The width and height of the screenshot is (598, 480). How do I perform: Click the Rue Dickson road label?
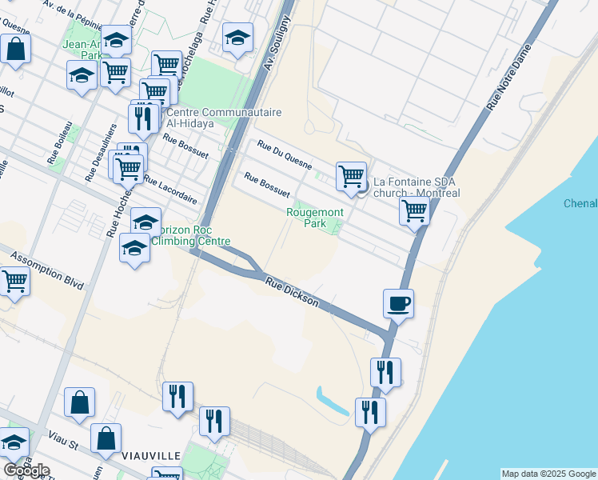[293, 294]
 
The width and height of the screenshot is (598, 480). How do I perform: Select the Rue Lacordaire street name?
[170, 190]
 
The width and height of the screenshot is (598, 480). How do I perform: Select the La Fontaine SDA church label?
[412, 187]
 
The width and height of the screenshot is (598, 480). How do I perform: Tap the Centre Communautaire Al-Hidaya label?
[205, 118]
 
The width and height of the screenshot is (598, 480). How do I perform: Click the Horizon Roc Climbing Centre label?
[190, 235]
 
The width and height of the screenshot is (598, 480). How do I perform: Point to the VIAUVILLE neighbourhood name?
[151, 455]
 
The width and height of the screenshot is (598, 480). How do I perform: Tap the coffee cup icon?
[398, 303]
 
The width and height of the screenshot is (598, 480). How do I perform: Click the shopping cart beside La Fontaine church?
[351, 175]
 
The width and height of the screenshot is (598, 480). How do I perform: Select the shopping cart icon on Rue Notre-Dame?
[414, 211]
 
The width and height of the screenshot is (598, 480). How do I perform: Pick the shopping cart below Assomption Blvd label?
[15, 281]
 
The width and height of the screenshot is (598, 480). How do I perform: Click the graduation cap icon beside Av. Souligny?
[237, 37]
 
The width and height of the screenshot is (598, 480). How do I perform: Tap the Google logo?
[26, 470]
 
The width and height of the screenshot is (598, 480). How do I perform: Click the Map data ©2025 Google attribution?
[548, 474]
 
